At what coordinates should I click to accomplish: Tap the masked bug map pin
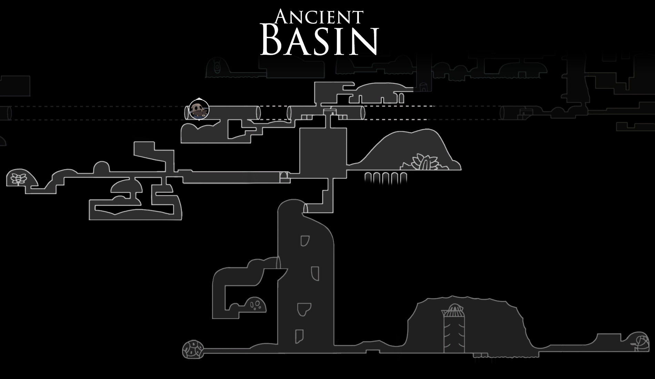coord(199,110)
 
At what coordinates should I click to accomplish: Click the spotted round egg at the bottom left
coord(193,350)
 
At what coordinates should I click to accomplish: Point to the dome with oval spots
coord(255,305)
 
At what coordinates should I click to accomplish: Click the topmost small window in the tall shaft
coord(305,240)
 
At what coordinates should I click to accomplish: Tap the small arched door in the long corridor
coord(284,177)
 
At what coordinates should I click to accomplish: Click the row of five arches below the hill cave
coord(386,178)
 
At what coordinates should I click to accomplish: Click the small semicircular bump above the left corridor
coord(101,167)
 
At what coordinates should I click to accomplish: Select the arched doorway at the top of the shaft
coord(305,208)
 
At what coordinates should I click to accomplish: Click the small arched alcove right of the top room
coord(401,99)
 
